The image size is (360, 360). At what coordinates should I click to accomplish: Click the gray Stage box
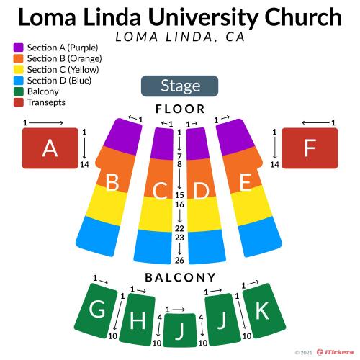click(179, 86)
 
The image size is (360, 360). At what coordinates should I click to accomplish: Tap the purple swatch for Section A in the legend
click(19, 48)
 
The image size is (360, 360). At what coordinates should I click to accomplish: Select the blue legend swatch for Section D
click(19, 81)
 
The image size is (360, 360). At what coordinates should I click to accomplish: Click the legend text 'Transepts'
click(46, 102)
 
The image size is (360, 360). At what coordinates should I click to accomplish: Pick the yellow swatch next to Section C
click(19, 69)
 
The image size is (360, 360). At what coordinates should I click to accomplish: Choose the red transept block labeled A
click(50, 148)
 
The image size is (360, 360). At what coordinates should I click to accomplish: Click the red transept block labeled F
click(310, 148)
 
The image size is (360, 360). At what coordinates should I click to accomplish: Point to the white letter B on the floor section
click(112, 182)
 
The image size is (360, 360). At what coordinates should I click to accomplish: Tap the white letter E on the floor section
click(246, 182)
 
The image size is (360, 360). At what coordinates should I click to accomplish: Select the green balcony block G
click(96, 310)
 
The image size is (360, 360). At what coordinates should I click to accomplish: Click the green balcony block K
click(264, 310)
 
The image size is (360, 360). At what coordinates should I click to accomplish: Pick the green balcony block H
click(138, 320)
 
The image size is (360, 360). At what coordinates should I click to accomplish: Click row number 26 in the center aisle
click(179, 260)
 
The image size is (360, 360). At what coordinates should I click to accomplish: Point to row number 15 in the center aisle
click(179, 195)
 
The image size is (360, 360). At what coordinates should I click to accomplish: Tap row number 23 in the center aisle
click(179, 238)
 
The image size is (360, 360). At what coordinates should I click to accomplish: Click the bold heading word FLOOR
click(180, 109)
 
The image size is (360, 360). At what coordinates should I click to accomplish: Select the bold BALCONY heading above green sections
click(180, 278)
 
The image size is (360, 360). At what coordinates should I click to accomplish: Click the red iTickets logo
click(335, 352)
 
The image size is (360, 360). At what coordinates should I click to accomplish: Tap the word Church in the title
click(303, 17)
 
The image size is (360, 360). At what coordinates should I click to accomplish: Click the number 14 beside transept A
click(84, 165)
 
